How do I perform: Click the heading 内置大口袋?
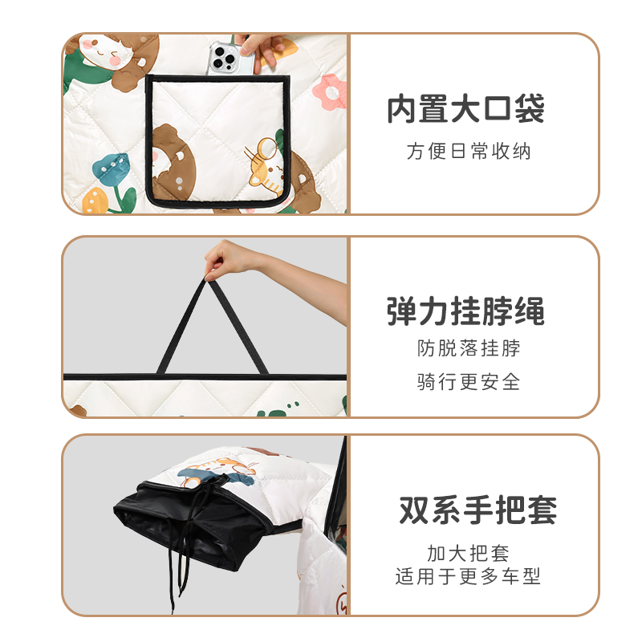(466, 110)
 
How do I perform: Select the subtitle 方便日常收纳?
(468, 151)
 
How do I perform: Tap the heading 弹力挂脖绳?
(465, 311)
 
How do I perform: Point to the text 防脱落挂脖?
(468, 348)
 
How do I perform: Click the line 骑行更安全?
(468, 382)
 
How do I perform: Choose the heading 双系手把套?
(477, 510)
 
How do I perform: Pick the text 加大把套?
(468, 553)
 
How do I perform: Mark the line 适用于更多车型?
(468, 576)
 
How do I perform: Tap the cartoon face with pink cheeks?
(108, 53)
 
